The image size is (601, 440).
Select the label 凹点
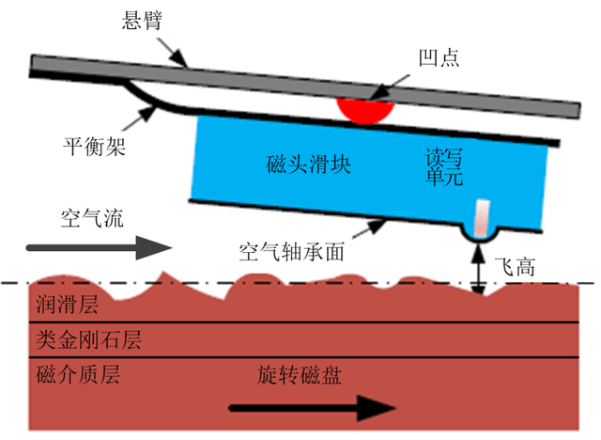[x=439, y=58]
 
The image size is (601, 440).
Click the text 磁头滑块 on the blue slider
[x=308, y=166]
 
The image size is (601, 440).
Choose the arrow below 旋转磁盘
[x=311, y=408]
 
